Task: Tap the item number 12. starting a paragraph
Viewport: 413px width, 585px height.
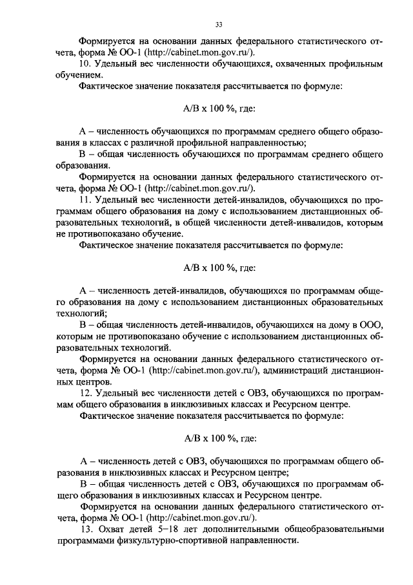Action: coord(86,394)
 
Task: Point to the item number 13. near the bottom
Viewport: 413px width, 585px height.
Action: coord(86,529)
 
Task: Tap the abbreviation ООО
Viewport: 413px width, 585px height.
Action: coord(372,324)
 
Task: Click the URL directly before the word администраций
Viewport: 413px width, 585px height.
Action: coord(207,370)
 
